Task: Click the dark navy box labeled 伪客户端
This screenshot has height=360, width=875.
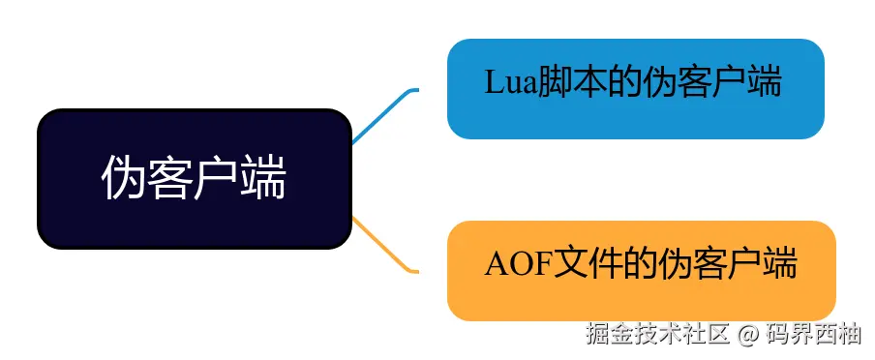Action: pyautogui.click(x=194, y=178)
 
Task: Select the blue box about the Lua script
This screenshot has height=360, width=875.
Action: pyautogui.click(x=635, y=89)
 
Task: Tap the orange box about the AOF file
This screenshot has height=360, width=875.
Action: pyautogui.click(x=641, y=270)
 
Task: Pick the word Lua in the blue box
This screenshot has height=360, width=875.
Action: pyautogui.click(x=505, y=83)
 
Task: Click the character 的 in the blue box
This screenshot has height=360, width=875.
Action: pyautogui.click(x=622, y=83)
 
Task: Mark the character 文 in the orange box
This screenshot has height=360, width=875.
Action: pyautogui.click(x=571, y=264)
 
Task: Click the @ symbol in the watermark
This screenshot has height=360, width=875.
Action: pyautogui.click(x=745, y=337)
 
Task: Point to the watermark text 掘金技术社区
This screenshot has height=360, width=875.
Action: pyautogui.click(x=657, y=337)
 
